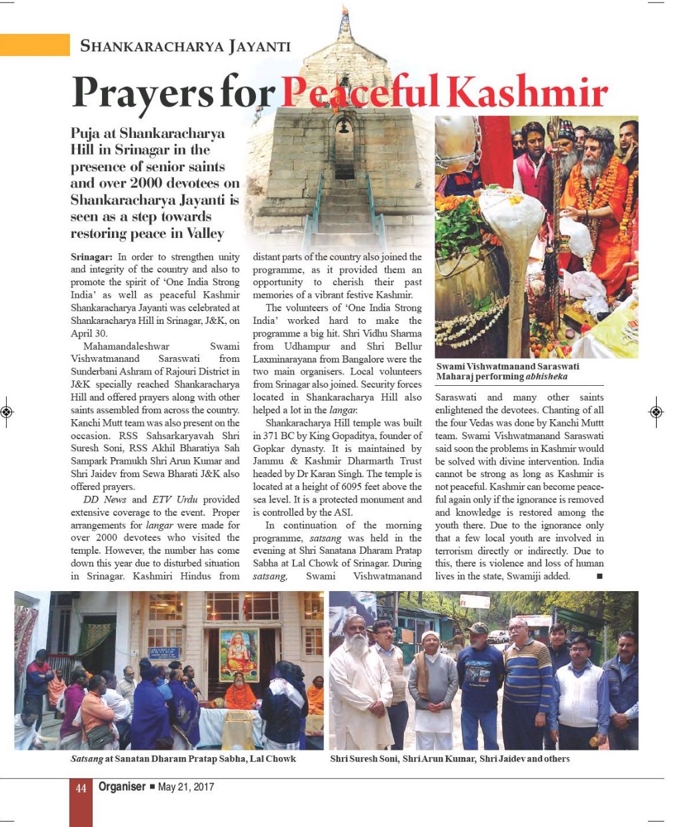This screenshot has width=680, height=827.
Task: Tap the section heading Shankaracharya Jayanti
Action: point(185,46)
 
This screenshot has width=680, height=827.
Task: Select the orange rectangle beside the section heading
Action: point(35,45)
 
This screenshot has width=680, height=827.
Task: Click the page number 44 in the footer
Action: point(81,788)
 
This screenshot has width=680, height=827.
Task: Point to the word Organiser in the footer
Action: point(121,787)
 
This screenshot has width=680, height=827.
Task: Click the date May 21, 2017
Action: point(186,787)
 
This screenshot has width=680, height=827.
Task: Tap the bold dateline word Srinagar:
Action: point(93,257)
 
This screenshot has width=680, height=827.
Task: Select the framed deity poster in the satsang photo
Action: point(239,654)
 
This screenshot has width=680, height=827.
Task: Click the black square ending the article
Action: point(599,576)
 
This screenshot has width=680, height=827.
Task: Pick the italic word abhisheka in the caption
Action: point(547,377)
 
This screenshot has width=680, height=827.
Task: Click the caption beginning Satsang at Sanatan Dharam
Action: point(183,758)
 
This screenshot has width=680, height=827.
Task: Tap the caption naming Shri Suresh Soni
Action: point(449,758)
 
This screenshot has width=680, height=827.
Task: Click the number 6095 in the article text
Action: point(361,486)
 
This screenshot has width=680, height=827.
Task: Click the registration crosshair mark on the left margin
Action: point(6,412)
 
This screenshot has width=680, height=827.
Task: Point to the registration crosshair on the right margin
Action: point(656,412)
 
